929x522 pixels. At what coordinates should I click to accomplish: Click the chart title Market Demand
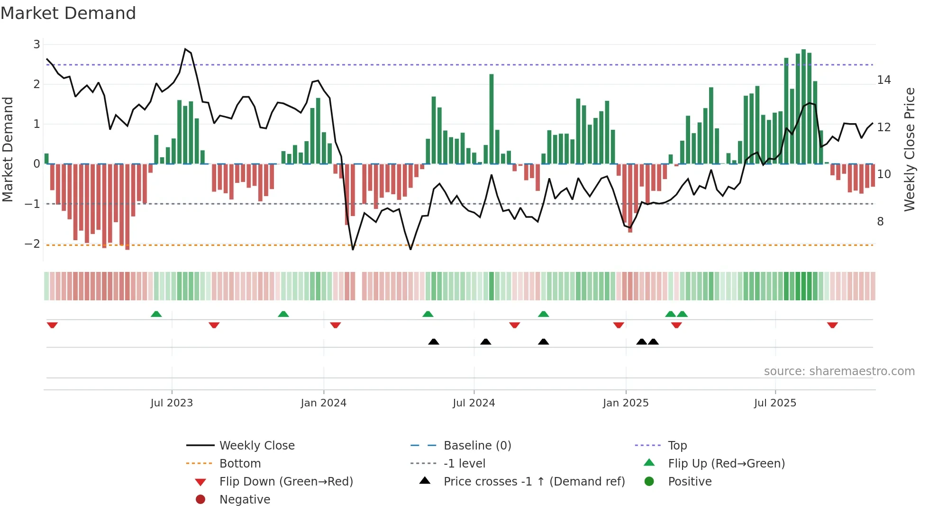tap(68, 13)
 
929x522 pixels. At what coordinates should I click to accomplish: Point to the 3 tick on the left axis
tap(36, 45)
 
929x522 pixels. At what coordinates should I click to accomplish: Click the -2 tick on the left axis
tap(33, 244)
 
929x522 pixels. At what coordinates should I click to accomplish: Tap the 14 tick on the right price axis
tap(883, 80)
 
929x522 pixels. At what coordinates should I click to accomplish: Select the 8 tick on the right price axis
tap(880, 222)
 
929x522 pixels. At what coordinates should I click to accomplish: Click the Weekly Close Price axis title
tap(909, 149)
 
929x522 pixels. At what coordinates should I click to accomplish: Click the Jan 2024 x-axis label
tap(323, 403)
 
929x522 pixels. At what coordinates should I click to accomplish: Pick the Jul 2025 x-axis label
tap(775, 403)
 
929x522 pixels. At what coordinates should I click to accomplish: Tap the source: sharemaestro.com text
tap(839, 371)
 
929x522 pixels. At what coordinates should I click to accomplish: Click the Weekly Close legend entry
tap(256, 446)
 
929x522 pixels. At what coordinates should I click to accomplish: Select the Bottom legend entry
tap(240, 464)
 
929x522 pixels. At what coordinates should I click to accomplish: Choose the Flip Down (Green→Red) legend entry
tap(286, 482)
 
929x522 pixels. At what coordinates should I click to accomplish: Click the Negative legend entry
tap(245, 500)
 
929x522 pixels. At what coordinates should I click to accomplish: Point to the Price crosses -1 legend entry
tap(534, 482)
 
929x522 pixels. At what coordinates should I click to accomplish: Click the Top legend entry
tap(677, 446)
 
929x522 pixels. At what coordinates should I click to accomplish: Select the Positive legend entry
tap(690, 482)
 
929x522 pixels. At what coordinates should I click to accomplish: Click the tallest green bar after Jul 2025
tap(803, 107)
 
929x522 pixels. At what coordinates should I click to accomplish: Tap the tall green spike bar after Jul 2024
tap(492, 118)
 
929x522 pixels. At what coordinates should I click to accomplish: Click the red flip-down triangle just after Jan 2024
tap(336, 325)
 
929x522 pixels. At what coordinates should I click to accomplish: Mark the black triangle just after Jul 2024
tap(485, 342)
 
